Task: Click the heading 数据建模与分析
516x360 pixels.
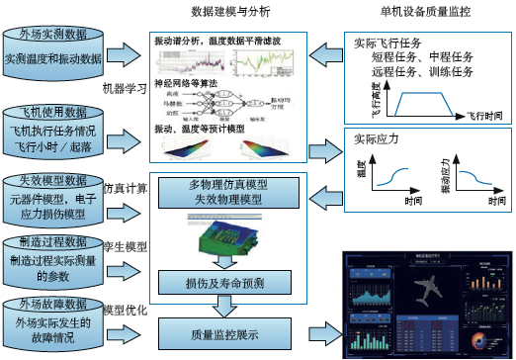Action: (x=231, y=11)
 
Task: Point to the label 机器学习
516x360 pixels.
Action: (x=126, y=88)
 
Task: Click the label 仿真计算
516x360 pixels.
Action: (x=126, y=185)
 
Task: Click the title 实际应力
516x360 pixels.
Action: (x=376, y=137)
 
